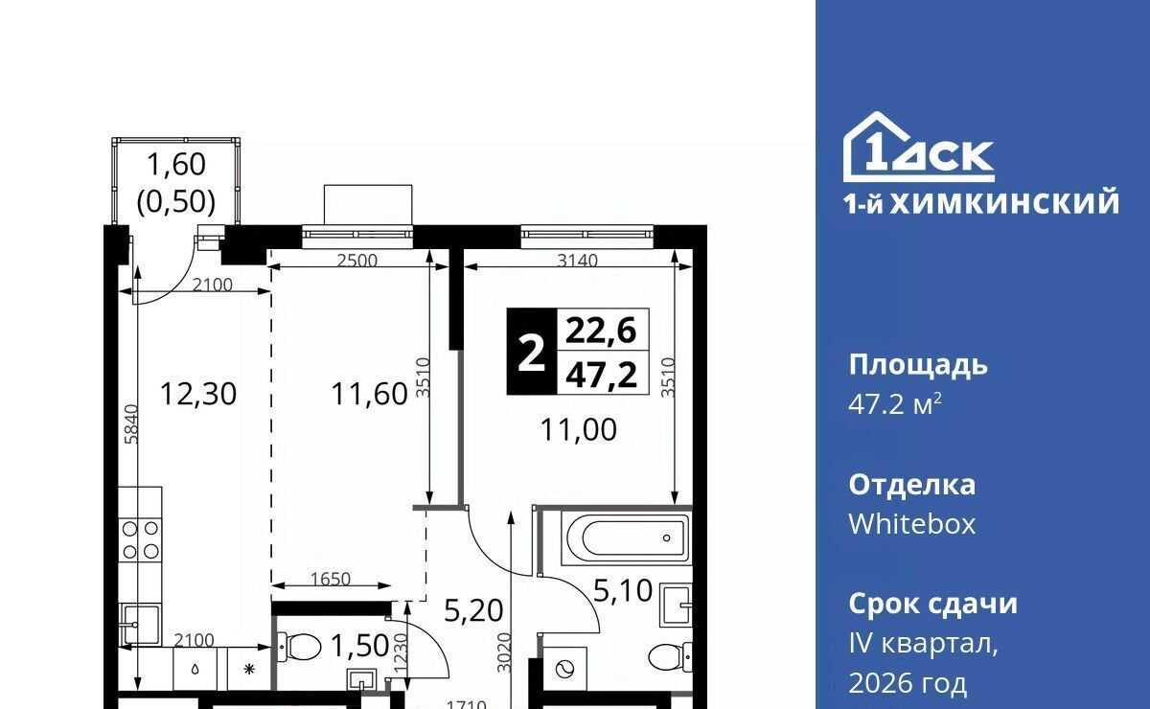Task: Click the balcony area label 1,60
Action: tap(176, 164)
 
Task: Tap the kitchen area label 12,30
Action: tap(198, 395)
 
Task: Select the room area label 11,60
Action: tap(369, 395)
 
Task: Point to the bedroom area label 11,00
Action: tap(579, 430)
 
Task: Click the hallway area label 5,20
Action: tap(473, 611)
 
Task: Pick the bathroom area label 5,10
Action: tap(623, 590)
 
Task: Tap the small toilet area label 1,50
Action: tap(360, 646)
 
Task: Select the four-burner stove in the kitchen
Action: tap(140, 540)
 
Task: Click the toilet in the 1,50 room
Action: tap(299, 646)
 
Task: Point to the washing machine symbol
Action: tap(564, 669)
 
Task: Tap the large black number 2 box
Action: tap(531, 352)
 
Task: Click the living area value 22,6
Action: tap(601, 331)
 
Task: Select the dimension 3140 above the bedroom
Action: tap(578, 261)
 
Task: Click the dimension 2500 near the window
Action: tap(356, 261)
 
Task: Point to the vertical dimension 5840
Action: tap(132, 424)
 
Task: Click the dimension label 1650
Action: tap(330, 579)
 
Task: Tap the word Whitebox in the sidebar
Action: tap(911, 525)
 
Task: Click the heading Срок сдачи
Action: tap(932, 605)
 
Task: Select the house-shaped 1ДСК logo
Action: tap(918, 148)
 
